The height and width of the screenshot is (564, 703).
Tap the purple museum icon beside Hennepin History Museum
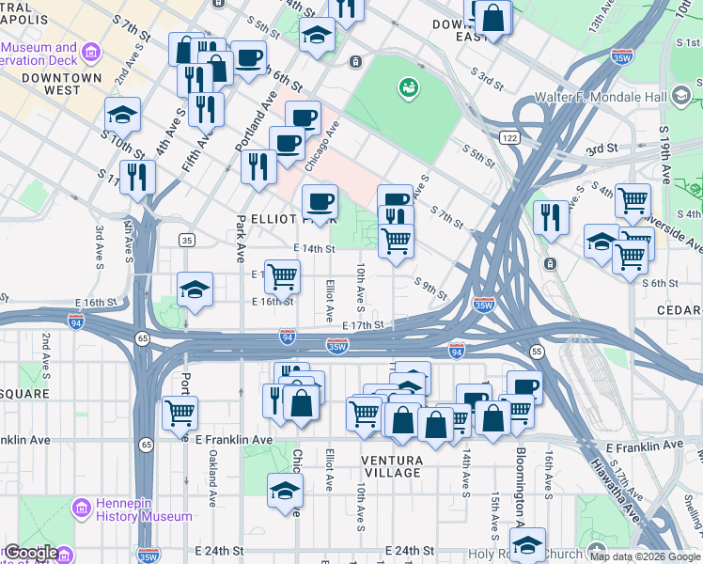coord(80,509)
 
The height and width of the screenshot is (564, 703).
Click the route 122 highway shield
coord(509,138)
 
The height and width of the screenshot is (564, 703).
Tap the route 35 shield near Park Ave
coord(187,241)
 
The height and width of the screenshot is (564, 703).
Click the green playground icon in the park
coord(409,88)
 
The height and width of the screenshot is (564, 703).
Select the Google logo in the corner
coord(30,553)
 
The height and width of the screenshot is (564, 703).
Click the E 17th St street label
coord(363,325)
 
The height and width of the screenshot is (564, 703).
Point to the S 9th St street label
coord(431,289)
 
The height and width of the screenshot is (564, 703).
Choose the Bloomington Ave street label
coord(520,489)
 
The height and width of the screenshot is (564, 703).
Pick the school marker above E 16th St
coord(195,289)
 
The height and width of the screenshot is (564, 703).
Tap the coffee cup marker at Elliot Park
coord(320,200)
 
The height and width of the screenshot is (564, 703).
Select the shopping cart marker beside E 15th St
coord(282,275)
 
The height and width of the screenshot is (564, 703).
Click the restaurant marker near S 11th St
coord(138,175)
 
